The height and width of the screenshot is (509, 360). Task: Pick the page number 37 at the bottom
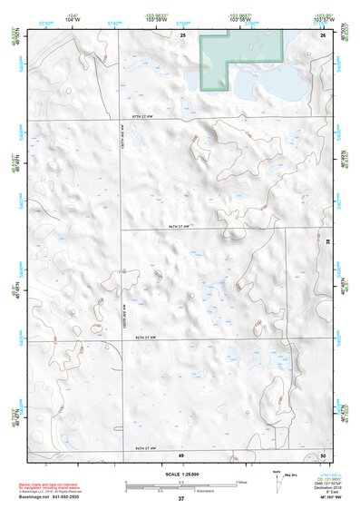click(x=180, y=499)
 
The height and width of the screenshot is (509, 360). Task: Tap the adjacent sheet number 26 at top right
click(x=322, y=34)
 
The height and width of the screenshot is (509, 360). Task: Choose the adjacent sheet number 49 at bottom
click(x=181, y=454)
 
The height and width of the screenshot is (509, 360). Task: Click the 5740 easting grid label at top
click(x=112, y=22)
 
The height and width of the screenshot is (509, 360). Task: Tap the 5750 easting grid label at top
click(x=182, y=22)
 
